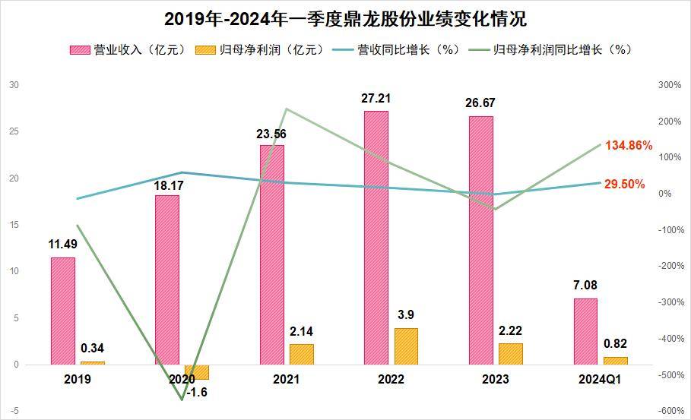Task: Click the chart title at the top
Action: pos(345,18)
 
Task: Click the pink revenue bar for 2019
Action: pos(63,311)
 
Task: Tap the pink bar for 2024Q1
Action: pos(585,331)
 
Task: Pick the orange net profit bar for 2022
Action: pos(406,346)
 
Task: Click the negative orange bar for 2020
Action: pos(197,372)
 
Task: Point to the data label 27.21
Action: pos(376,99)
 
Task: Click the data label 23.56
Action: pos(271,134)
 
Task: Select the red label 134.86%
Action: pos(629,145)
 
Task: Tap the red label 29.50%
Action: pos(625,184)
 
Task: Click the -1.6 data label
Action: pos(196,392)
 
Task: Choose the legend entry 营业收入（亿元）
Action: pos(129,50)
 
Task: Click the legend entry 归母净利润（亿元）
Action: pos(255,50)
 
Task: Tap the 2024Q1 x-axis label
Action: pos(598,379)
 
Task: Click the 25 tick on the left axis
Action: pos(14,131)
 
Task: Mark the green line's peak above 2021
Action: pos(286,109)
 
